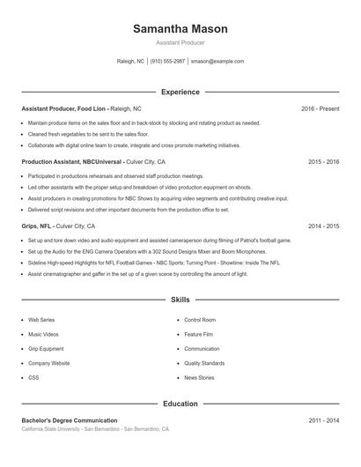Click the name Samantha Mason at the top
180,28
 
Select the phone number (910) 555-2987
167,62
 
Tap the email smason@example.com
217,62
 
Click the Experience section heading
180,92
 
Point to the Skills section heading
180,300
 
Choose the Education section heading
180,404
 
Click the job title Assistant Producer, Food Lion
63,108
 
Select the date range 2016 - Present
320,108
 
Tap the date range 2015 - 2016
323,162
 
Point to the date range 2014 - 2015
323,226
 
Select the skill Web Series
41,320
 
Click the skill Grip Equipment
46,349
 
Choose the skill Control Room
200,320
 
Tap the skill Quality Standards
204,363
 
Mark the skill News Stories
199,377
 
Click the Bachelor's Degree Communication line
70,420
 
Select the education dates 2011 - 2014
323,420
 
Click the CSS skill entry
33,377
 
